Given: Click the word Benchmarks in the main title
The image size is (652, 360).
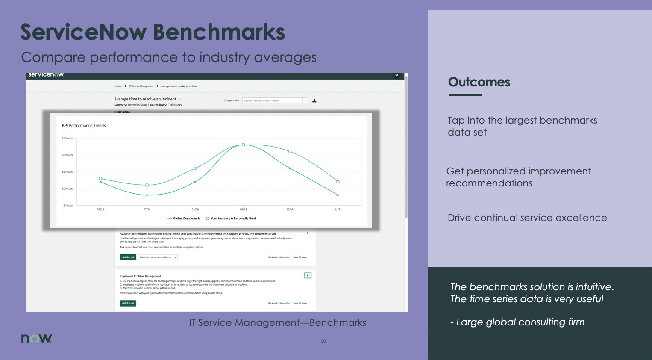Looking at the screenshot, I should pyautogui.click(x=219, y=32).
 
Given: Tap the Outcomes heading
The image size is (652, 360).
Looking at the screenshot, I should pyautogui.click(x=479, y=82).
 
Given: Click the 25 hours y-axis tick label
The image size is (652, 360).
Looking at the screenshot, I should pyautogui.click(x=67, y=138).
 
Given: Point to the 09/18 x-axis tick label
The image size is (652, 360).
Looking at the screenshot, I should pyautogui.click(x=243, y=210).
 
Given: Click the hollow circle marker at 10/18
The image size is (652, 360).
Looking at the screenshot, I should pyautogui.click(x=290, y=152).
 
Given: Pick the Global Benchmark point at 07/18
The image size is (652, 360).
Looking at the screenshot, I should pyautogui.click(x=147, y=195).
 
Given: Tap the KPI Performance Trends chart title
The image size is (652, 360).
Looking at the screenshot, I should pyautogui.click(x=84, y=126).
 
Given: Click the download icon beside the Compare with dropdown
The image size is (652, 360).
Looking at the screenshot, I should pyautogui.click(x=314, y=101).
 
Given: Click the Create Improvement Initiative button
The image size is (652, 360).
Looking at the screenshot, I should pyautogui.click(x=155, y=257).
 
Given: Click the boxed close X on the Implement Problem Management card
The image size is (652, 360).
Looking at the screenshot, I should pyautogui.click(x=308, y=276).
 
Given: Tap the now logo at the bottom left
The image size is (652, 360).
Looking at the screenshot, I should pyautogui.click(x=37, y=338).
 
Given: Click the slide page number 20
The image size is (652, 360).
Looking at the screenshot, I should pyautogui.click(x=323, y=342).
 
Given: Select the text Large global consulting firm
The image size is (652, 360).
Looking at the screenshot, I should pyautogui.click(x=520, y=322).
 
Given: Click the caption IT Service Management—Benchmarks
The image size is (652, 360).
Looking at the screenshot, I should pyautogui.click(x=278, y=323).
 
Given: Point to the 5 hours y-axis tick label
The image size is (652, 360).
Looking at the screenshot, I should pyautogui.click(x=68, y=206).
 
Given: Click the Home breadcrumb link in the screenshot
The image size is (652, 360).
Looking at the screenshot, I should pyautogui.click(x=118, y=86).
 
